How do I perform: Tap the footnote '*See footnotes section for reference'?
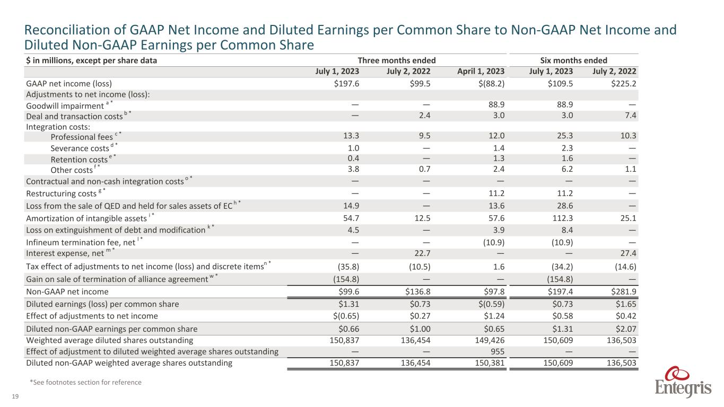coord(85,382)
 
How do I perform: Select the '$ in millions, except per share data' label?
coord(91,60)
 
